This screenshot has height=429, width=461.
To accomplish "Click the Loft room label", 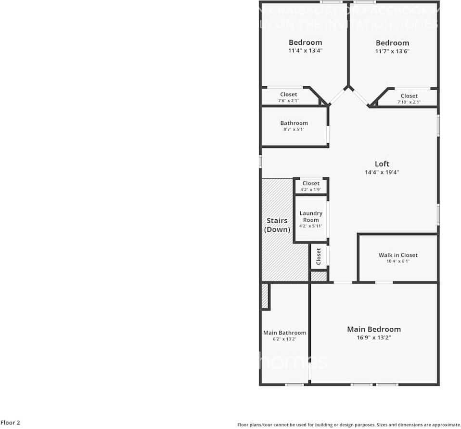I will (382, 164).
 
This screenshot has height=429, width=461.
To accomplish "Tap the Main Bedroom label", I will (374, 329).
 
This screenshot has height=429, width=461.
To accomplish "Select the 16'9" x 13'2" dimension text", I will (374, 337).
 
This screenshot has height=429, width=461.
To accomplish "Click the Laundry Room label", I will (311, 216).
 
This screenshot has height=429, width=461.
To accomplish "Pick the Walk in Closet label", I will (398, 255).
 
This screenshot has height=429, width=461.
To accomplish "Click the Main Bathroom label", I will (284, 333).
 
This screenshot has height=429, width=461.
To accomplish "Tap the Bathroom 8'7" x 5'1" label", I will (294, 123).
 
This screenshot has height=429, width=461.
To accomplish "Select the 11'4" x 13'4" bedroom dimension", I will (305, 50).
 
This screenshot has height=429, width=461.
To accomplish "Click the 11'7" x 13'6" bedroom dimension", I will (392, 51).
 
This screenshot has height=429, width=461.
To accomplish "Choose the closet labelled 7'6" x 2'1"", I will (289, 94).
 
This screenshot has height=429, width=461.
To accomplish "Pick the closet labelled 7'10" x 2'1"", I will (409, 96).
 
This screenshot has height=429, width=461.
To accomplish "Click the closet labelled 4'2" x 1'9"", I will (311, 184).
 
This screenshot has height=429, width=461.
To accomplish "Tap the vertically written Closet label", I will (319, 256).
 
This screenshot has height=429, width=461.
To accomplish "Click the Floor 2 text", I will (10, 423).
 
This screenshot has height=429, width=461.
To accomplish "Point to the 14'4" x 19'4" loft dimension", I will (382, 172).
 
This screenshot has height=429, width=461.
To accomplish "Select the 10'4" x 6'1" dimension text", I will (398, 262).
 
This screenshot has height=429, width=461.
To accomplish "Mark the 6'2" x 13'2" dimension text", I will (284, 339).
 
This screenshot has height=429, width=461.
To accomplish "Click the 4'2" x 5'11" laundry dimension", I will (311, 226).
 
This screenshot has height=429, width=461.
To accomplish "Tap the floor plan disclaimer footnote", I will (349, 425).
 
